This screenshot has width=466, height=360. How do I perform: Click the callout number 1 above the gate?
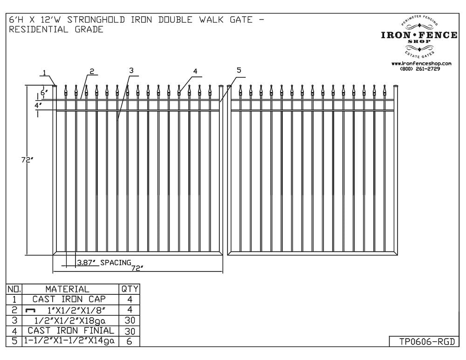point(44,73)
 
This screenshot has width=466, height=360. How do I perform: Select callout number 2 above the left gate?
point(92,71)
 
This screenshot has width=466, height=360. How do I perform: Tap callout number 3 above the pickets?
point(131,70)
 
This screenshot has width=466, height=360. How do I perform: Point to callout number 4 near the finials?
point(195,71)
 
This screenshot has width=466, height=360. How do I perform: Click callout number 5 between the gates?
point(239,70)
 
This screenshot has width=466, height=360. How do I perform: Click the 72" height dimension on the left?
point(27,160)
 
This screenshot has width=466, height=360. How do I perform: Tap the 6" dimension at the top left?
point(44,92)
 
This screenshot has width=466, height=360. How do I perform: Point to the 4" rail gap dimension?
point(38,105)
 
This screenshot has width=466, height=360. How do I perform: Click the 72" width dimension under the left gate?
point(137,268)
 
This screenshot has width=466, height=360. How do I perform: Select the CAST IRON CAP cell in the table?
point(69,299)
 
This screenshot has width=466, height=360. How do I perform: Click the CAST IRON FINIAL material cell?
point(71,331)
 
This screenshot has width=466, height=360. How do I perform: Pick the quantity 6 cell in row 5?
point(129,341)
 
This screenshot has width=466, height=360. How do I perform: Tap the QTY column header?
point(130,289)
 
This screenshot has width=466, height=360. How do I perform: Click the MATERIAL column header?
point(67,289)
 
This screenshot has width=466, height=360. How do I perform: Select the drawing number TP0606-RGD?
point(427,342)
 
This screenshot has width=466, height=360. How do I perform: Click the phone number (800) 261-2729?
point(420,69)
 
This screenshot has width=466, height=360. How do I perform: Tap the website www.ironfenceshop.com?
point(421,63)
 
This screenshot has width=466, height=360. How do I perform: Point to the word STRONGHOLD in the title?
point(96,20)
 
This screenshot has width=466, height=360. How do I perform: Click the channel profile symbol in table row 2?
point(30,310)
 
